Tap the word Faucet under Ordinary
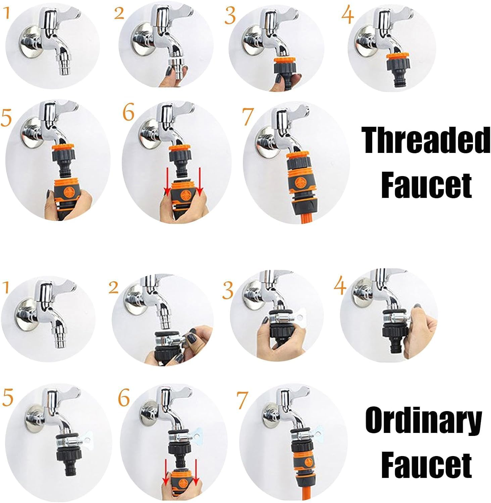pyautogui.click(x=426, y=463)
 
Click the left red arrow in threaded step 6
pyautogui.click(x=166, y=183)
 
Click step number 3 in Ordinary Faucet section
pyautogui.click(x=228, y=290)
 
